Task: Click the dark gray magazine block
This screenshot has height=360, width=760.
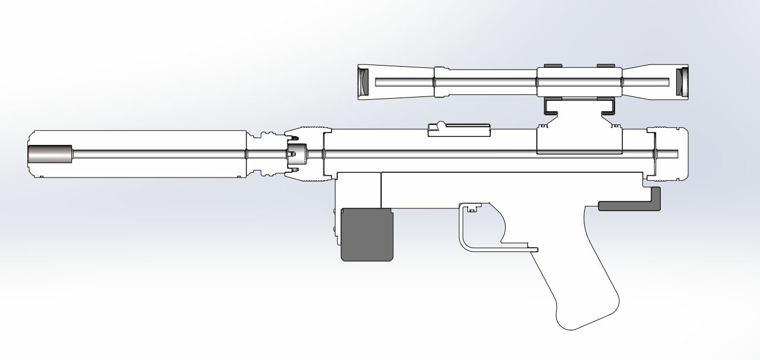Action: click(x=367, y=235)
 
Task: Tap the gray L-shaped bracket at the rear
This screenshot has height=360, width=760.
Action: click(x=654, y=200)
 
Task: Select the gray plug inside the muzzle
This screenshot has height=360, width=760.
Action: click(x=50, y=154)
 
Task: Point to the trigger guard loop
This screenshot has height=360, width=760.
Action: click(x=463, y=234)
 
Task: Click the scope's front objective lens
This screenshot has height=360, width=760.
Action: click(x=363, y=82)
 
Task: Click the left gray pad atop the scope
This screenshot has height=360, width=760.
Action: click(x=552, y=66)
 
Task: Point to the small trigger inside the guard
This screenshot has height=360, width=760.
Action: click(x=471, y=211)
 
